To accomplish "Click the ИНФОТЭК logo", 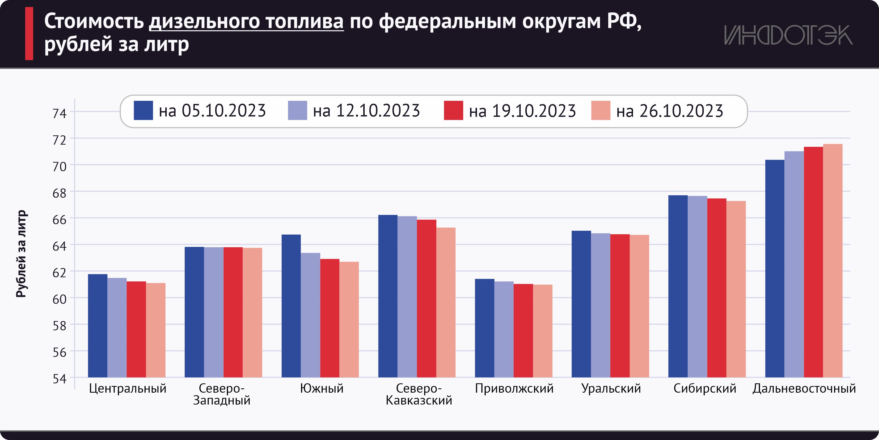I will click(x=788, y=35).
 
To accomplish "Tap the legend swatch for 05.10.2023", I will click(x=143, y=110).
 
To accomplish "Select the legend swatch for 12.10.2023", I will click(x=297, y=110).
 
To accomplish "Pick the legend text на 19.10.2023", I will click(x=522, y=111).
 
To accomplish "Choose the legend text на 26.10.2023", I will click(x=670, y=111).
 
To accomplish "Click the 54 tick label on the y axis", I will click(x=59, y=379).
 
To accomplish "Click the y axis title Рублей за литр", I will click(x=21, y=254).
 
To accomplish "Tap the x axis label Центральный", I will click(x=128, y=389).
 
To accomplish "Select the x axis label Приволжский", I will click(x=514, y=389).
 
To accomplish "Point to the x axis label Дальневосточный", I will click(x=804, y=389).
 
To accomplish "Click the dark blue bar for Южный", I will click(x=291, y=306).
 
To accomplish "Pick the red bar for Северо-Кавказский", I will click(x=426, y=298).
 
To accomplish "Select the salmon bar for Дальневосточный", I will click(x=832, y=261).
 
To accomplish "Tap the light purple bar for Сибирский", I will click(x=697, y=286).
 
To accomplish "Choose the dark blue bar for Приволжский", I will click(x=485, y=328).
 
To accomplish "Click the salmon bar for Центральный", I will click(x=156, y=330).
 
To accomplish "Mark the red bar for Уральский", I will click(x=620, y=306).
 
